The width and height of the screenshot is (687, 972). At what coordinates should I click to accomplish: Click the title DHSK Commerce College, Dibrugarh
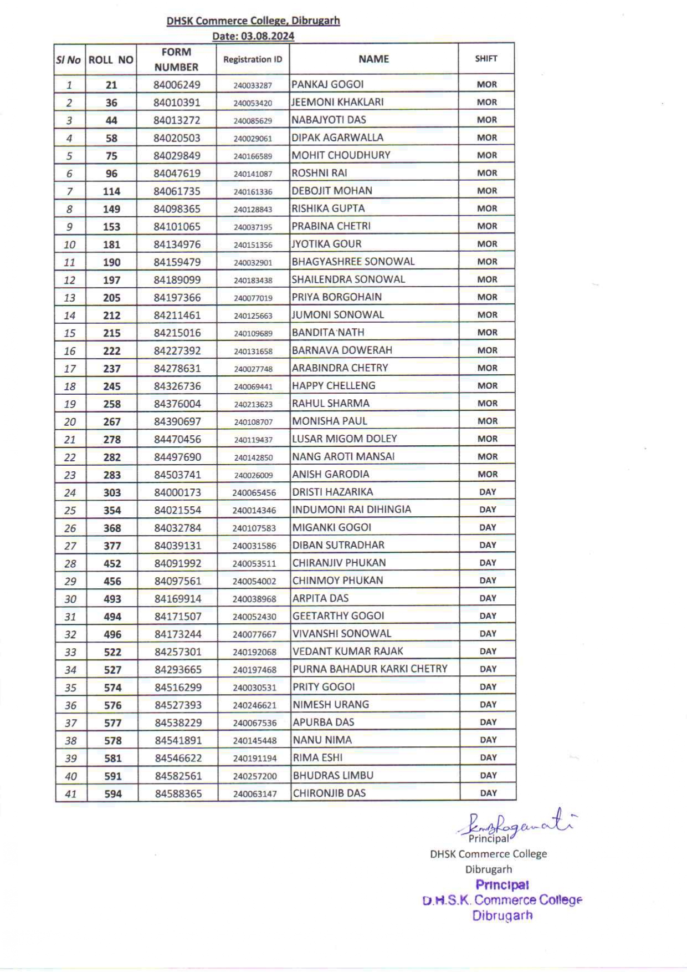pos(253,21)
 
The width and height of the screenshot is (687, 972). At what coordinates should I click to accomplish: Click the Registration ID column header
pos(253,59)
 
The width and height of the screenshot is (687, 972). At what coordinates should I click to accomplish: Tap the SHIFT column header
pos(486,59)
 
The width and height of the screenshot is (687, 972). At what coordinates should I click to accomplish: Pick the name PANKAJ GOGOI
pos(327,84)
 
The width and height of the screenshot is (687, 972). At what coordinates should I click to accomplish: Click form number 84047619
pos(177,174)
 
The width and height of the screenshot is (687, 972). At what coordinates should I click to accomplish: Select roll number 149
pos(111,209)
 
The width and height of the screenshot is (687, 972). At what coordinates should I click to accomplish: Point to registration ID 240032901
pos(253,263)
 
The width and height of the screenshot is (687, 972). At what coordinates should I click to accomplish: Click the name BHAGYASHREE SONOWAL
pos(353,262)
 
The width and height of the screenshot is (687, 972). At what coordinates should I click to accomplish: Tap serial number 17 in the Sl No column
pos(70,369)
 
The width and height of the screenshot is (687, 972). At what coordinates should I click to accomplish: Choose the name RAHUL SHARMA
pos(330,404)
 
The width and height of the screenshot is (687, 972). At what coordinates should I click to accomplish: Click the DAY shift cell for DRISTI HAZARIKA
pos(488,492)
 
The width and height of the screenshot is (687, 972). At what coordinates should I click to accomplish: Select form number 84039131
pos(177,546)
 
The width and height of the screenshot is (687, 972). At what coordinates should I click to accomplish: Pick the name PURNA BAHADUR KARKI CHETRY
pos(370,669)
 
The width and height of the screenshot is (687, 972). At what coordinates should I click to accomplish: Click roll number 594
pos(112,794)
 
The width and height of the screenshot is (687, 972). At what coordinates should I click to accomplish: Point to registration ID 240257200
pos(254,776)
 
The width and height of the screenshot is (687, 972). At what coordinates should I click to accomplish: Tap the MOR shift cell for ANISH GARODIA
pos(487,474)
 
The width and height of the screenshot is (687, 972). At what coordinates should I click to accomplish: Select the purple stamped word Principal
pos(502,885)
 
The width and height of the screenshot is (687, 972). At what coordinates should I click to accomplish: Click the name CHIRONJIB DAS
pos(329,793)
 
